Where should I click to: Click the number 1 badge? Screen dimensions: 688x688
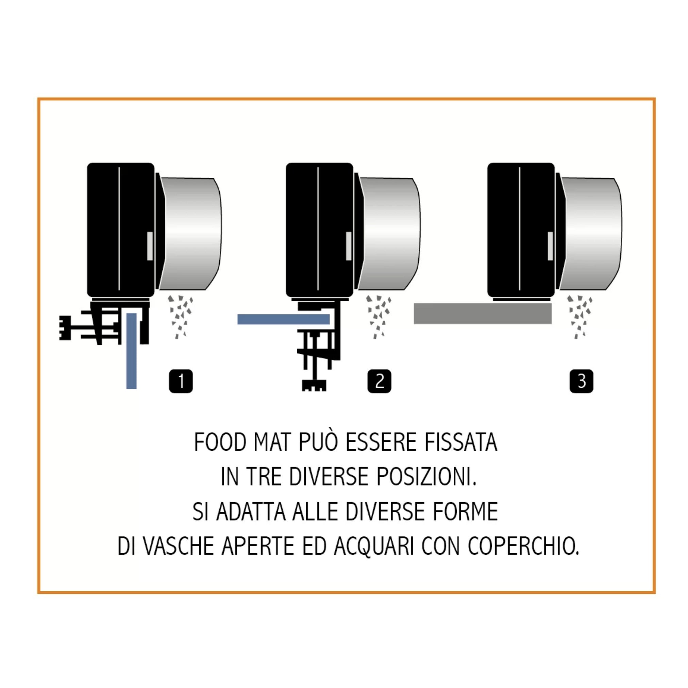point(181,381)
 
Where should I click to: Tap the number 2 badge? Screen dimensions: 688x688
point(379,381)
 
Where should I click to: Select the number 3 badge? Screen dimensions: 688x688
point(582,381)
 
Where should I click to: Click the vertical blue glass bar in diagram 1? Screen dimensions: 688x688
point(131,351)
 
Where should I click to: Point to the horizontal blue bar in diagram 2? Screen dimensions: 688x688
point(283,319)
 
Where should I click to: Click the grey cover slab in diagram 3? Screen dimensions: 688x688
point(483,313)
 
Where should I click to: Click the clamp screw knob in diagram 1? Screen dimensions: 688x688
point(65,328)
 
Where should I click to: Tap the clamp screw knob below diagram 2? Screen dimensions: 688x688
point(314,386)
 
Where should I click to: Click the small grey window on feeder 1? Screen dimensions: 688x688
point(150,246)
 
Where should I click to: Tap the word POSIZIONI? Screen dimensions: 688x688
point(426,477)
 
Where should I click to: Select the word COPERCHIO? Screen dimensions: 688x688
point(523,546)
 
